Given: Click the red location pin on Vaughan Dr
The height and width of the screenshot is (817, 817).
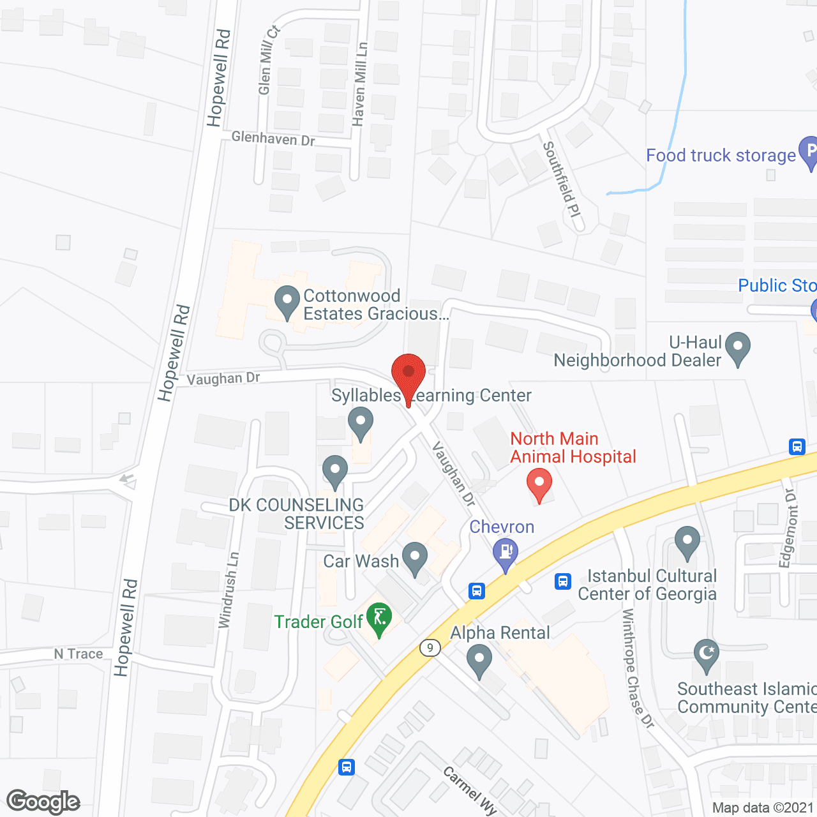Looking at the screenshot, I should (408, 372).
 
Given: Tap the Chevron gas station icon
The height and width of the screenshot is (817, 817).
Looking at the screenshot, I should (506, 553).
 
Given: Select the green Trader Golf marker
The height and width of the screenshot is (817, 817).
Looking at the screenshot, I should (380, 618).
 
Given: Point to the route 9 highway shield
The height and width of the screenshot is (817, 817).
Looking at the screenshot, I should (430, 648).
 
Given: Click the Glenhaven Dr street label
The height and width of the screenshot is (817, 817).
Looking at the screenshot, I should (273, 139).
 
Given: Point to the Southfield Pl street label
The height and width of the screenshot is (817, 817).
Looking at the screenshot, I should (562, 179).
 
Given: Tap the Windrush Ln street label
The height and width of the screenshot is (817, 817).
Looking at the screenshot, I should (229, 590).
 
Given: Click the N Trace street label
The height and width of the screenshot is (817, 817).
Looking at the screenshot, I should (79, 654).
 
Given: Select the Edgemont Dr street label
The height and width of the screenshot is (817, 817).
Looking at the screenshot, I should (788, 528).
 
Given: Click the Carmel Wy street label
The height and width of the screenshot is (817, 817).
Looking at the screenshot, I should (470, 790).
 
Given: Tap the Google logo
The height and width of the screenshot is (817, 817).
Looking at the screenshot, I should (43, 802).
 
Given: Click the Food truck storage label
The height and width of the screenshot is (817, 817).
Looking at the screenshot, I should (721, 156).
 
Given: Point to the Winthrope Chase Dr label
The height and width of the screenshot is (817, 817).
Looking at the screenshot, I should (638, 668).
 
